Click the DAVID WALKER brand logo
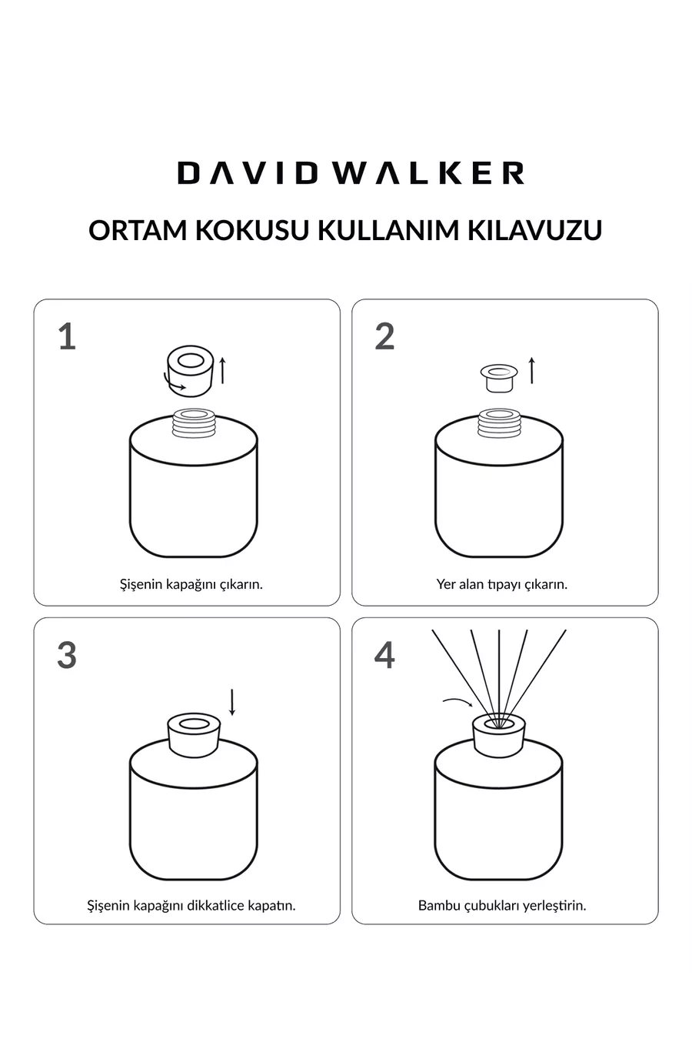click(351, 173)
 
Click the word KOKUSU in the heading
click(251, 230)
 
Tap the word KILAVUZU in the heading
click(534, 230)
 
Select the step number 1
click(68, 337)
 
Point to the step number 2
click(384, 336)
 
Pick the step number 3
click(67, 655)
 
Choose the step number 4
click(384, 655)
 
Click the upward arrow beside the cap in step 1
click(222, 371)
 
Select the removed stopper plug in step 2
click(499, 378)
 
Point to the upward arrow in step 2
click(532, 370)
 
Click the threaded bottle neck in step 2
click(499, 423)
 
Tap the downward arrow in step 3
click(232, 702)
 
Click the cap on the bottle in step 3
click(195, 736)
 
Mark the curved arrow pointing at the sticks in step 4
click(458, 701)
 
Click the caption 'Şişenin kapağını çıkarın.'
click(191, 584)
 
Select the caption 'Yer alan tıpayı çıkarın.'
click(502, 584)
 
